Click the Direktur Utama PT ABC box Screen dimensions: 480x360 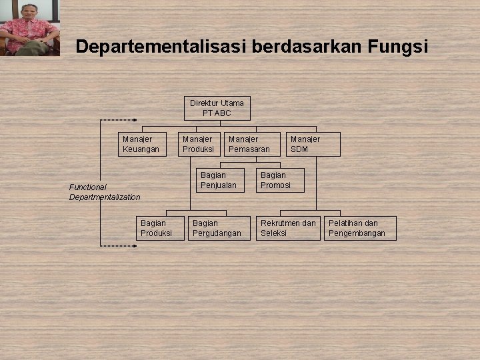point(217,108)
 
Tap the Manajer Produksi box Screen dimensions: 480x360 point(199,144)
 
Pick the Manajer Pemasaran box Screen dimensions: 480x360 point(252,144)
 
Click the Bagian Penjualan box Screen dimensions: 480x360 point(219,180)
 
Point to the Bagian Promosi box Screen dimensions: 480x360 point(280,180)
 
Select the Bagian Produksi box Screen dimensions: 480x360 point(159,228)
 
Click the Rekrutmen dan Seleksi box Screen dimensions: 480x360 point(289,228)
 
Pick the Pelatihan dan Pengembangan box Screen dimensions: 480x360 point(361,228)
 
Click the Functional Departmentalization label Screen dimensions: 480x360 point(105,192)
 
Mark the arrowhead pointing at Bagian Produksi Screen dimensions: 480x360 point(135,246)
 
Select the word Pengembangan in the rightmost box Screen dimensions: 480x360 point(357,233)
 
